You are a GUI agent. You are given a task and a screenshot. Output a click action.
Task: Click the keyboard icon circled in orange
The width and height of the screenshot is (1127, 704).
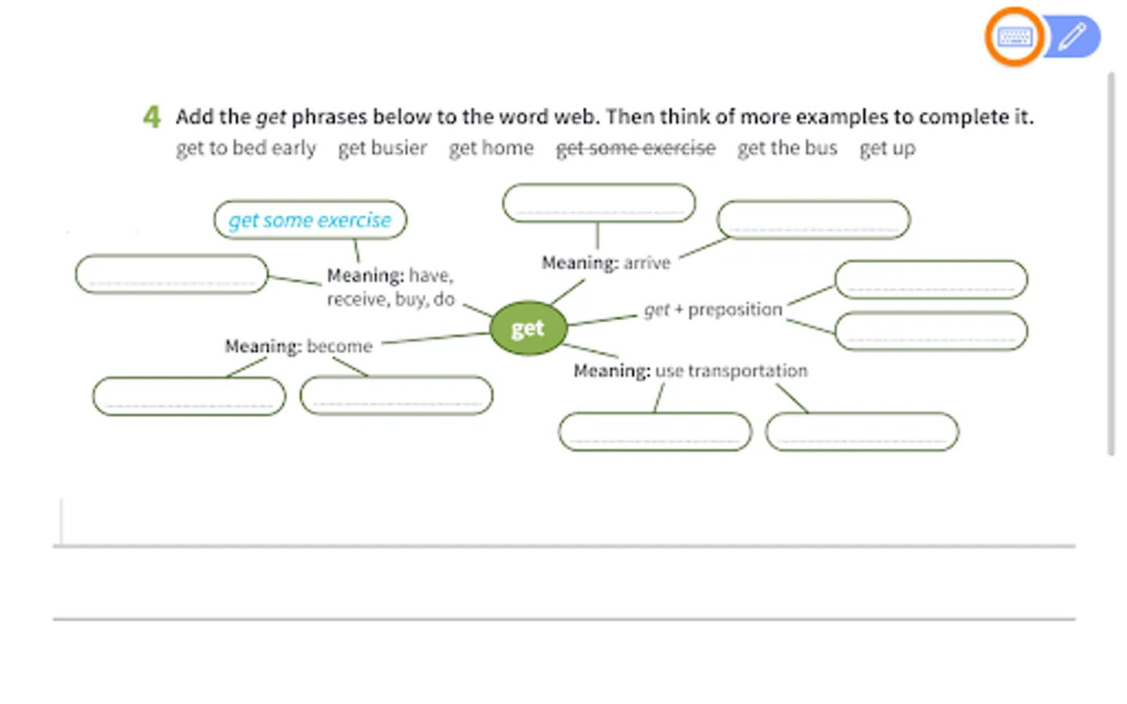click(x=1014, y=37)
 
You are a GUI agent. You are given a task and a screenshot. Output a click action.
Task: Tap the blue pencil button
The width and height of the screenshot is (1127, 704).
click(x=1073, y=37)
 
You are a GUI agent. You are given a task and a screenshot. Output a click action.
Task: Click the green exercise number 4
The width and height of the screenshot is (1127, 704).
click(x=152, y=117)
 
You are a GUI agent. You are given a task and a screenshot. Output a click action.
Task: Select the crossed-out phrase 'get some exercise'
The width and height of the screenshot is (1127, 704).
click(x=636, y=148)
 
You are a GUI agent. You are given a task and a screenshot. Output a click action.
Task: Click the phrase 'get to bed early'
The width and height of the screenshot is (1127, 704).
click(x=246, y=148)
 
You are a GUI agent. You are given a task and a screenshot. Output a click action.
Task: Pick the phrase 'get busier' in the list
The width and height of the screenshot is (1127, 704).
click(x=383, y=148)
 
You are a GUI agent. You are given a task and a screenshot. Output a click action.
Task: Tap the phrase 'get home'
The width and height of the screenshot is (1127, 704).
click(x=491, y=148)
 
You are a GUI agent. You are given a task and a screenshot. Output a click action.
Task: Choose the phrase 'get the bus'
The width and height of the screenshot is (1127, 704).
click(x=787, y=148)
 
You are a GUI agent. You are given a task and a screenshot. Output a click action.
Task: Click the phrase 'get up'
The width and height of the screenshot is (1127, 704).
click(x=887, y=148)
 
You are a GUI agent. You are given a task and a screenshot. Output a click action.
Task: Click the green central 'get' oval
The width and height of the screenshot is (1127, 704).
click(x=527, y=329)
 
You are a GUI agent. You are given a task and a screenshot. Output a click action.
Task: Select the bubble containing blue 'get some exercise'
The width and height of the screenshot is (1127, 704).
click(x=310, y=220)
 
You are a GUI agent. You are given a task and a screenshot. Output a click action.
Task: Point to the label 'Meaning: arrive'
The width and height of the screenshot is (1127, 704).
click(x=606, y=263)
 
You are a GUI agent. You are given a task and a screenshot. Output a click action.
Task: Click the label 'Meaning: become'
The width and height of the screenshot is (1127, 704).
click(x=298, y=346)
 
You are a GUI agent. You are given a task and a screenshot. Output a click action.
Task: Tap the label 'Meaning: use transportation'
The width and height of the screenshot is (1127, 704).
click(x=690, y=371)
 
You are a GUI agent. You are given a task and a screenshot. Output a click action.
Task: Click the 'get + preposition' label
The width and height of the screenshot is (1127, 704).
click(x=713, y=310)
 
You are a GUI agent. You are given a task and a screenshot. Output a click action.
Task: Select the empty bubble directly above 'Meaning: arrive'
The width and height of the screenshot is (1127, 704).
click(x=599, y=203)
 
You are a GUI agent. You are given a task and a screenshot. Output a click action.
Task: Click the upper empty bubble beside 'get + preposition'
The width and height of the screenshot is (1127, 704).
click(x=931, y=280)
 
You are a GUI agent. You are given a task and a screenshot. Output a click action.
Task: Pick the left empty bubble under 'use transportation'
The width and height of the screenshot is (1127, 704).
click(x=655, y=432)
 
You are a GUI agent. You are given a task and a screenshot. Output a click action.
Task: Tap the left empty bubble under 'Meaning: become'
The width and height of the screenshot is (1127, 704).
click(x=189, y=396)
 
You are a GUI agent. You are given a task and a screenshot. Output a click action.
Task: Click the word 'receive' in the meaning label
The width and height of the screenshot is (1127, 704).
click(x=356, y=300)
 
